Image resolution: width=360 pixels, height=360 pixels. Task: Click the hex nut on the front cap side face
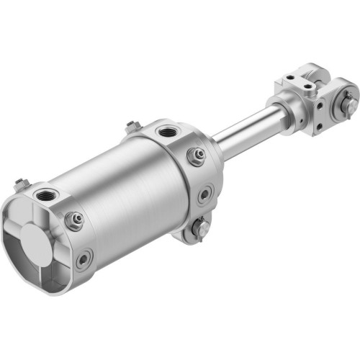tap(195, 156)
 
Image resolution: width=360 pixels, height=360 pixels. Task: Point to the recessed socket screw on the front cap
tap(205, 193)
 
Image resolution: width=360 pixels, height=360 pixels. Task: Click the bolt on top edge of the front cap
tap(132, 127)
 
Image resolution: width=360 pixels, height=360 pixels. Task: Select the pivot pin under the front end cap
tap(199, 230)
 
